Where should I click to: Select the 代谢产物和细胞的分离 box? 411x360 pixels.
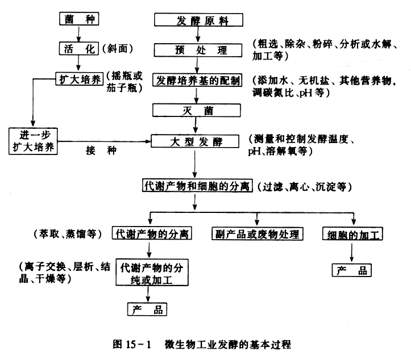[x=197, y=186]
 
